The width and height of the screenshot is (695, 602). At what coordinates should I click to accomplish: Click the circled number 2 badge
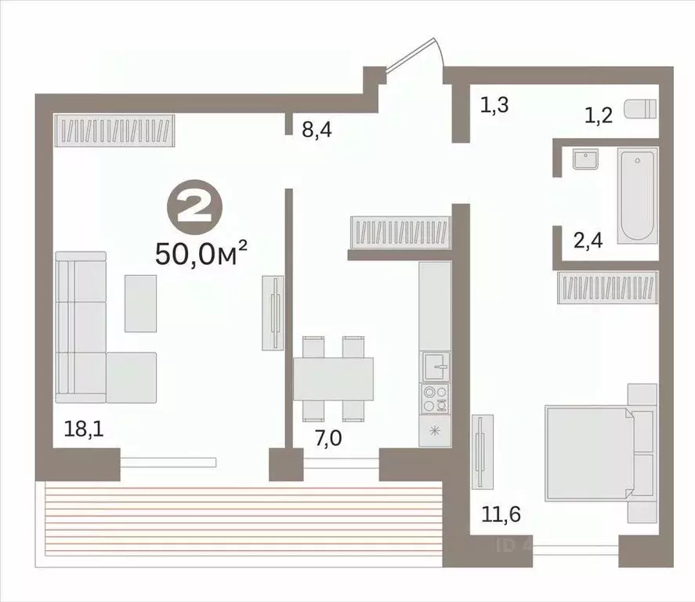coord(195,209)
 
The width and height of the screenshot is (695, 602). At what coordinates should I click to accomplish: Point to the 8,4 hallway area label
coord(317,129)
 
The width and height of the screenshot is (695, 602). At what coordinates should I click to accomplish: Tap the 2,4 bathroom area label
coord(588,241)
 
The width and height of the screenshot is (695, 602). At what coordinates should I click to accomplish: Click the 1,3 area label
coord(494,104)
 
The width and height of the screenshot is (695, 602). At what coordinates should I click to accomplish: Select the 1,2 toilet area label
coord(599,116)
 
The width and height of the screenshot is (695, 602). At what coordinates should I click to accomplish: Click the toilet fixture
coord(638,110)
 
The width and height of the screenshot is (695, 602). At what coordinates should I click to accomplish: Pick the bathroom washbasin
coord(585,160)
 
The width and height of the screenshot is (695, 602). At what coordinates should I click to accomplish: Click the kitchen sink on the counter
coord(435,364)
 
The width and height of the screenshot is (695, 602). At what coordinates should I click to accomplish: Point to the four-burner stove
coord(435,398)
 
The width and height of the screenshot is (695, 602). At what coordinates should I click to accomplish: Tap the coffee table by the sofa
coord(141,303)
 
